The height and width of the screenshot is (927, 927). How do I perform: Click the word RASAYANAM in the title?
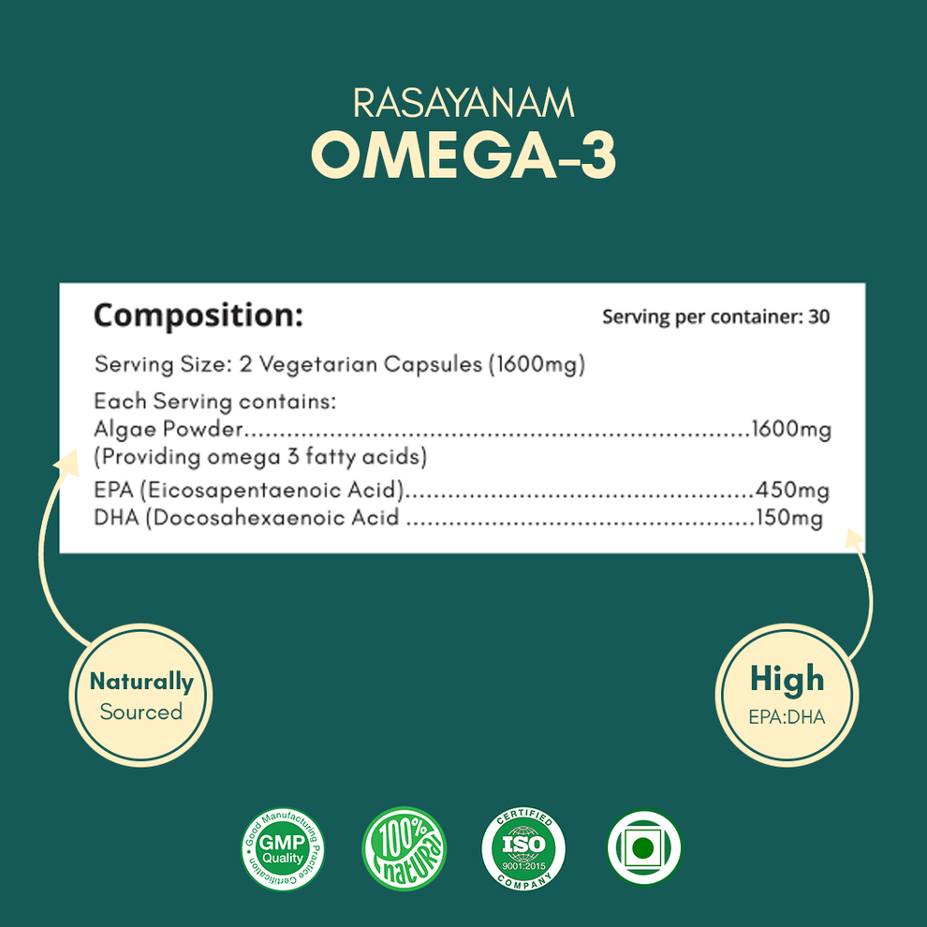click(463, 103)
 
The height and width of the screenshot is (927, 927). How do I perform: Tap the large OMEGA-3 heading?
click(463, 156)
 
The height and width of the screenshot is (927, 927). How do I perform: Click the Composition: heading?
click(199, 316)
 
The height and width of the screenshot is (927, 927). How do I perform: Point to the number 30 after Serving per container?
click(818, 316)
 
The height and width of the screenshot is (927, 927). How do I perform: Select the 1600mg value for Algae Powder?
click(791, 430)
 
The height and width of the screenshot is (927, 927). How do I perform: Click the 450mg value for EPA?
click(792, 490)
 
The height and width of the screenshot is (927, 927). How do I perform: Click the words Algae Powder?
click(169, 430)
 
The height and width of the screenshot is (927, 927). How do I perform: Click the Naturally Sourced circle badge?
click(141, 695)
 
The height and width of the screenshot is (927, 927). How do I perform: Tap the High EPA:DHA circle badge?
click(787, 694)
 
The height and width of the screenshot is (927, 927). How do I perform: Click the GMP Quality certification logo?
click(282, 850)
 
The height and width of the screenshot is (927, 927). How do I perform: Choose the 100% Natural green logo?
click(404, 850)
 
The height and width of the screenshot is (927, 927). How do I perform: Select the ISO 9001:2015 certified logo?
click(523, 850)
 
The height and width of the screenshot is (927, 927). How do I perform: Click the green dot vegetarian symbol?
click(642, 848)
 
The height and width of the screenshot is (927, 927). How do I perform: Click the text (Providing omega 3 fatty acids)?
click(260, 458)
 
